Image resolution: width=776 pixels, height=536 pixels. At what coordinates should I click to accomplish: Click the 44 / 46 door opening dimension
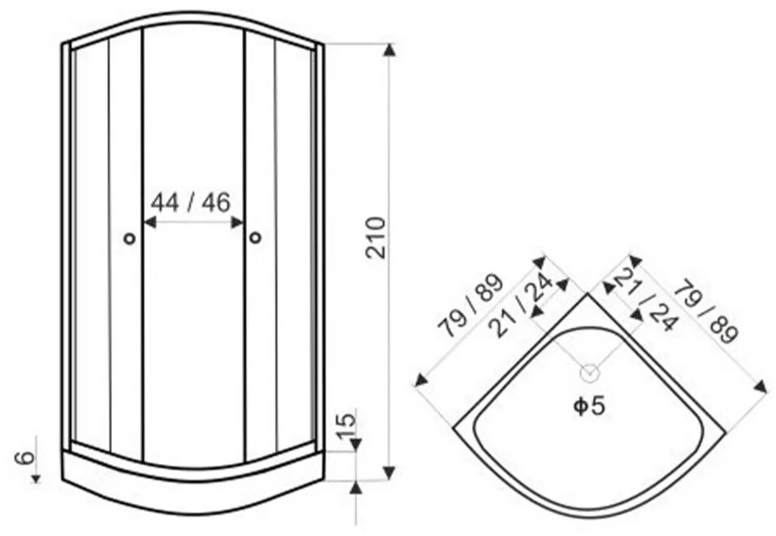(190, 202)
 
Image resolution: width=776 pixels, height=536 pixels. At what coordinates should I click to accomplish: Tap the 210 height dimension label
(376, 238)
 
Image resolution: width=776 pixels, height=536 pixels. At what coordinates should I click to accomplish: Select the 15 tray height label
(346, 425)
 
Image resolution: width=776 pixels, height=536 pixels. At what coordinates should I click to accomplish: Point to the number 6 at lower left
(26, 458)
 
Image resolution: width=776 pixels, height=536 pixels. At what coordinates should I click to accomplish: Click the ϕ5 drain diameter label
(589, 406)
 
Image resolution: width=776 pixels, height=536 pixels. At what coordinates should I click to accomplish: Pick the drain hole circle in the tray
(590, 373)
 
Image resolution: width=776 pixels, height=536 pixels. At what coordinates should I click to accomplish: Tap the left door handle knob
(129, 238)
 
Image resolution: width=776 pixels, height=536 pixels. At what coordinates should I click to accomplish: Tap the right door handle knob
(255, 238)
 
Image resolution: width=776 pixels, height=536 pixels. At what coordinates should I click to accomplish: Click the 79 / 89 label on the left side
(470, 306)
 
